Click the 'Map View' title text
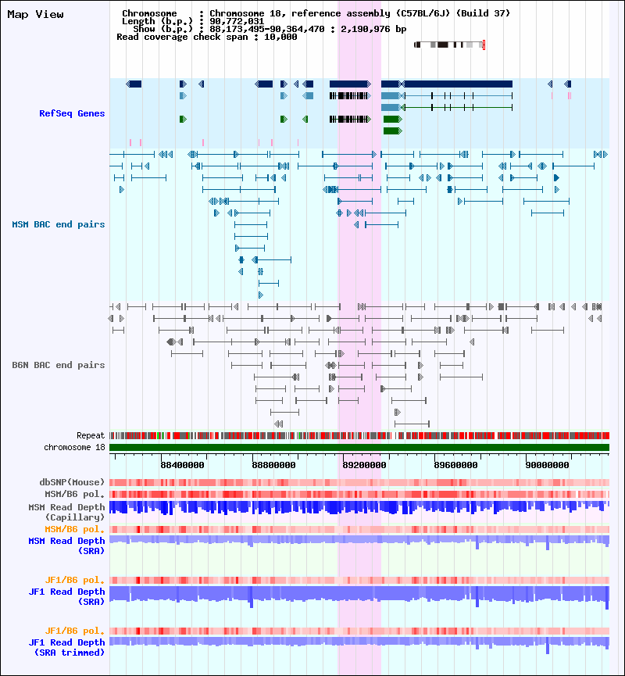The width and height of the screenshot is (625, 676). [35, 15]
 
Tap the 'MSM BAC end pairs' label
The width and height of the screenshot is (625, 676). [59, 225]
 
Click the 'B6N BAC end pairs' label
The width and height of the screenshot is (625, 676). [59, 366]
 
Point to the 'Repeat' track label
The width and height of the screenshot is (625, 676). [91, 435]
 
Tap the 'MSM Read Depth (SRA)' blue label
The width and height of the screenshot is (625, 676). [66, 545]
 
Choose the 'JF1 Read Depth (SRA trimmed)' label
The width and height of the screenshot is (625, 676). [66, 647]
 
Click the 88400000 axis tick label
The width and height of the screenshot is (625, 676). [183, 464]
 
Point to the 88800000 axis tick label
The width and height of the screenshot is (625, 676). [274, 464]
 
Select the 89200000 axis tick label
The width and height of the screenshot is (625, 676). [363, 464]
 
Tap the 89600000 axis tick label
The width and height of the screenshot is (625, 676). [456, 464]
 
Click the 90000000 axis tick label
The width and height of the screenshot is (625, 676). [547, 464]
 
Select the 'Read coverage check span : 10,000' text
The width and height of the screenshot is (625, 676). [206, 37]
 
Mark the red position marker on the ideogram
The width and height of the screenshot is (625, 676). [484, 45]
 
